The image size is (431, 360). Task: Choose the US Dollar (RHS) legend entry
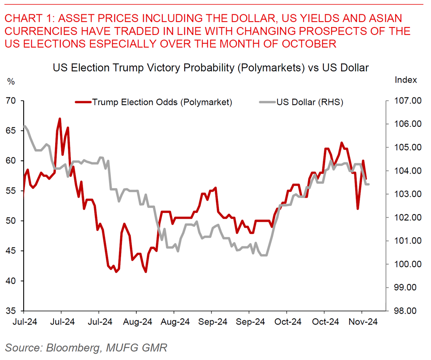click(x=310, y=102)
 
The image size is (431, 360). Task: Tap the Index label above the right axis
click(x=406, y=80)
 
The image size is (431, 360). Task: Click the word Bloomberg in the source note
click(x=72, y=347)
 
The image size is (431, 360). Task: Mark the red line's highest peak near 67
click(x=60, y=118)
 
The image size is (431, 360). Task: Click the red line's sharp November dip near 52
click(x=358, y=209)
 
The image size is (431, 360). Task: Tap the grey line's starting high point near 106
click(x=25, y=126)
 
